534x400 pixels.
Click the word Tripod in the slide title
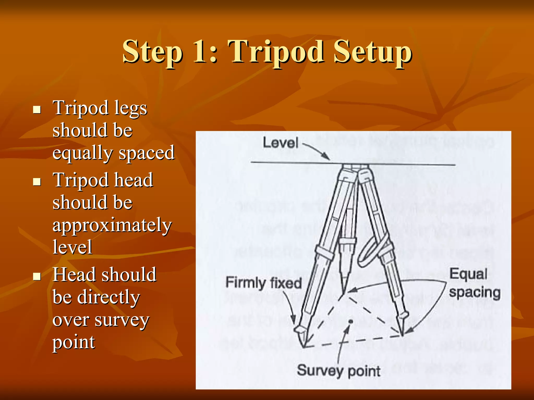tap(276, 52)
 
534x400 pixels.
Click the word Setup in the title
tap(373, 52)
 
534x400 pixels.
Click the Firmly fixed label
tap(263, 283)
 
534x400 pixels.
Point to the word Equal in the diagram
tap(468, 274)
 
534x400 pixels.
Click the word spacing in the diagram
tap(475, 293)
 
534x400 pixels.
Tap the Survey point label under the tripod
tap(338, 371)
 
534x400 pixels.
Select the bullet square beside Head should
tap(37, 276)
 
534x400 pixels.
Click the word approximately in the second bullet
tap(112, 225)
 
